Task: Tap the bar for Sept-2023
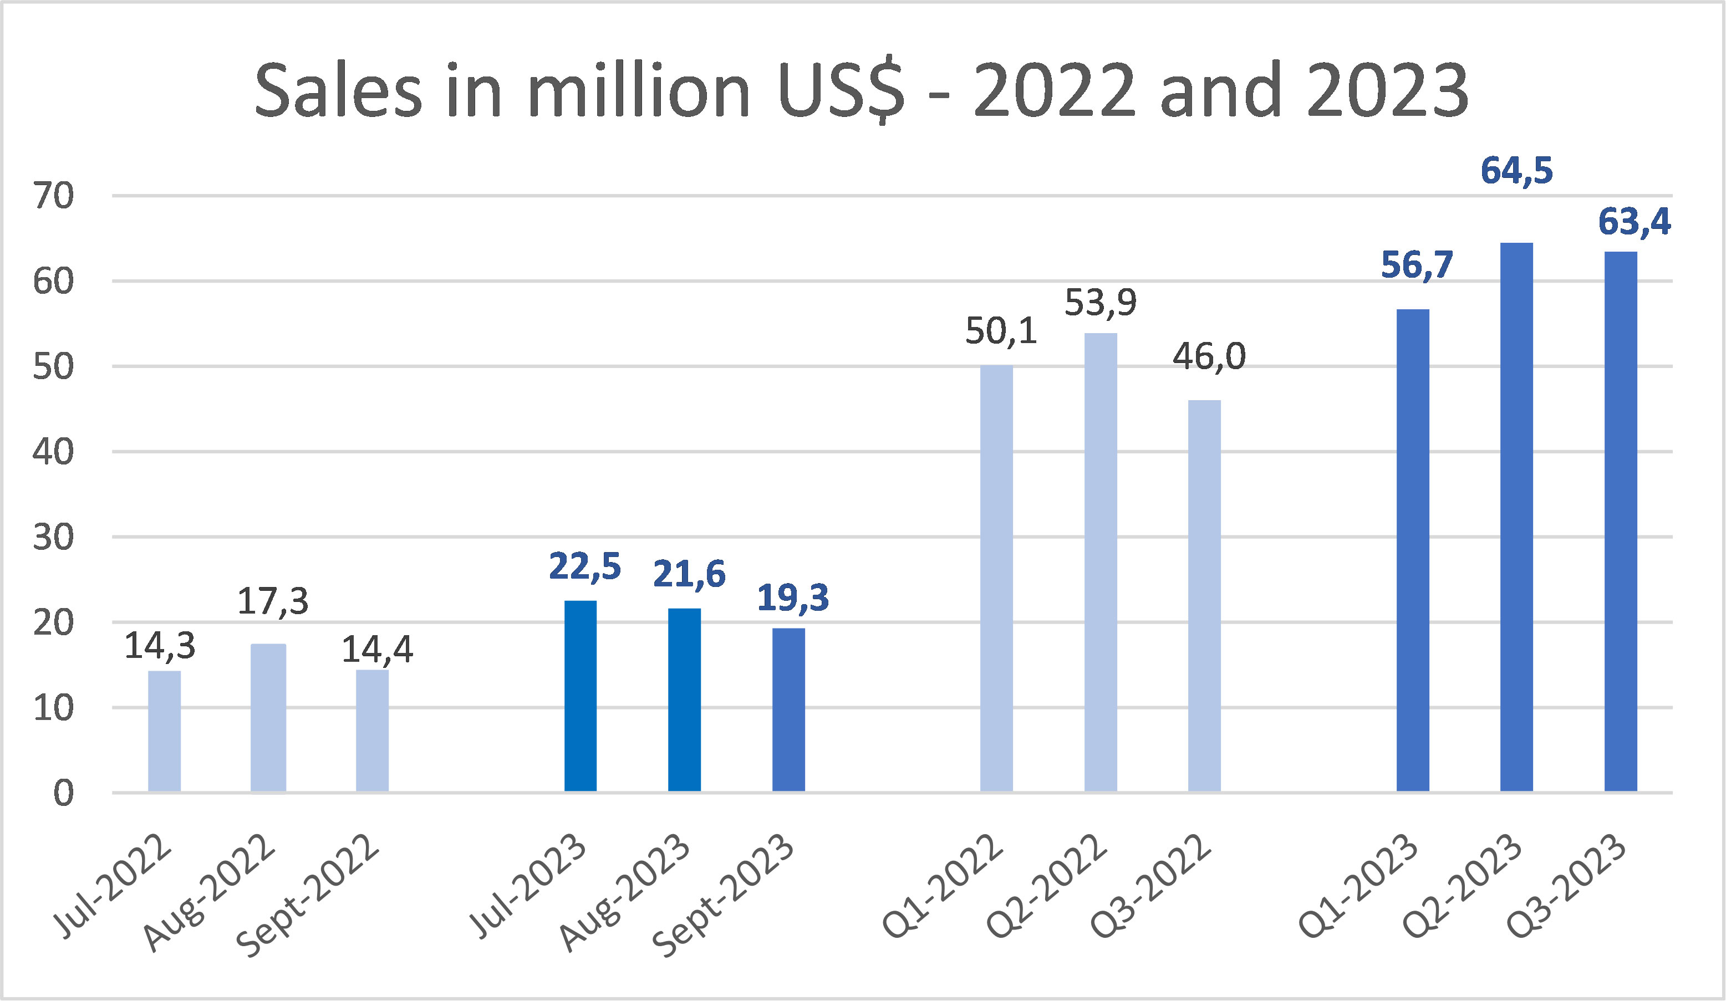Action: coord(788,710)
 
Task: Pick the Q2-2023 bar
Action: coord(1516,518)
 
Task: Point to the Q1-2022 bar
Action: coord(996,579)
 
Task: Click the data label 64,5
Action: coord(1516,171)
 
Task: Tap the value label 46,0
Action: coord(1209,357)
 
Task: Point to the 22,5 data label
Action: coord(584,567)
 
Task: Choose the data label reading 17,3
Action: coord(273,602)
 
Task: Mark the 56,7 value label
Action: coord(1417,265)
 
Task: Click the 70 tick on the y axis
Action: coord(53,197)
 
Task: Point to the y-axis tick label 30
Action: coord(53,538)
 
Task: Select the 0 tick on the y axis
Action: coord(63,794)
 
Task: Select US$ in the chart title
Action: coord(841,91)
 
